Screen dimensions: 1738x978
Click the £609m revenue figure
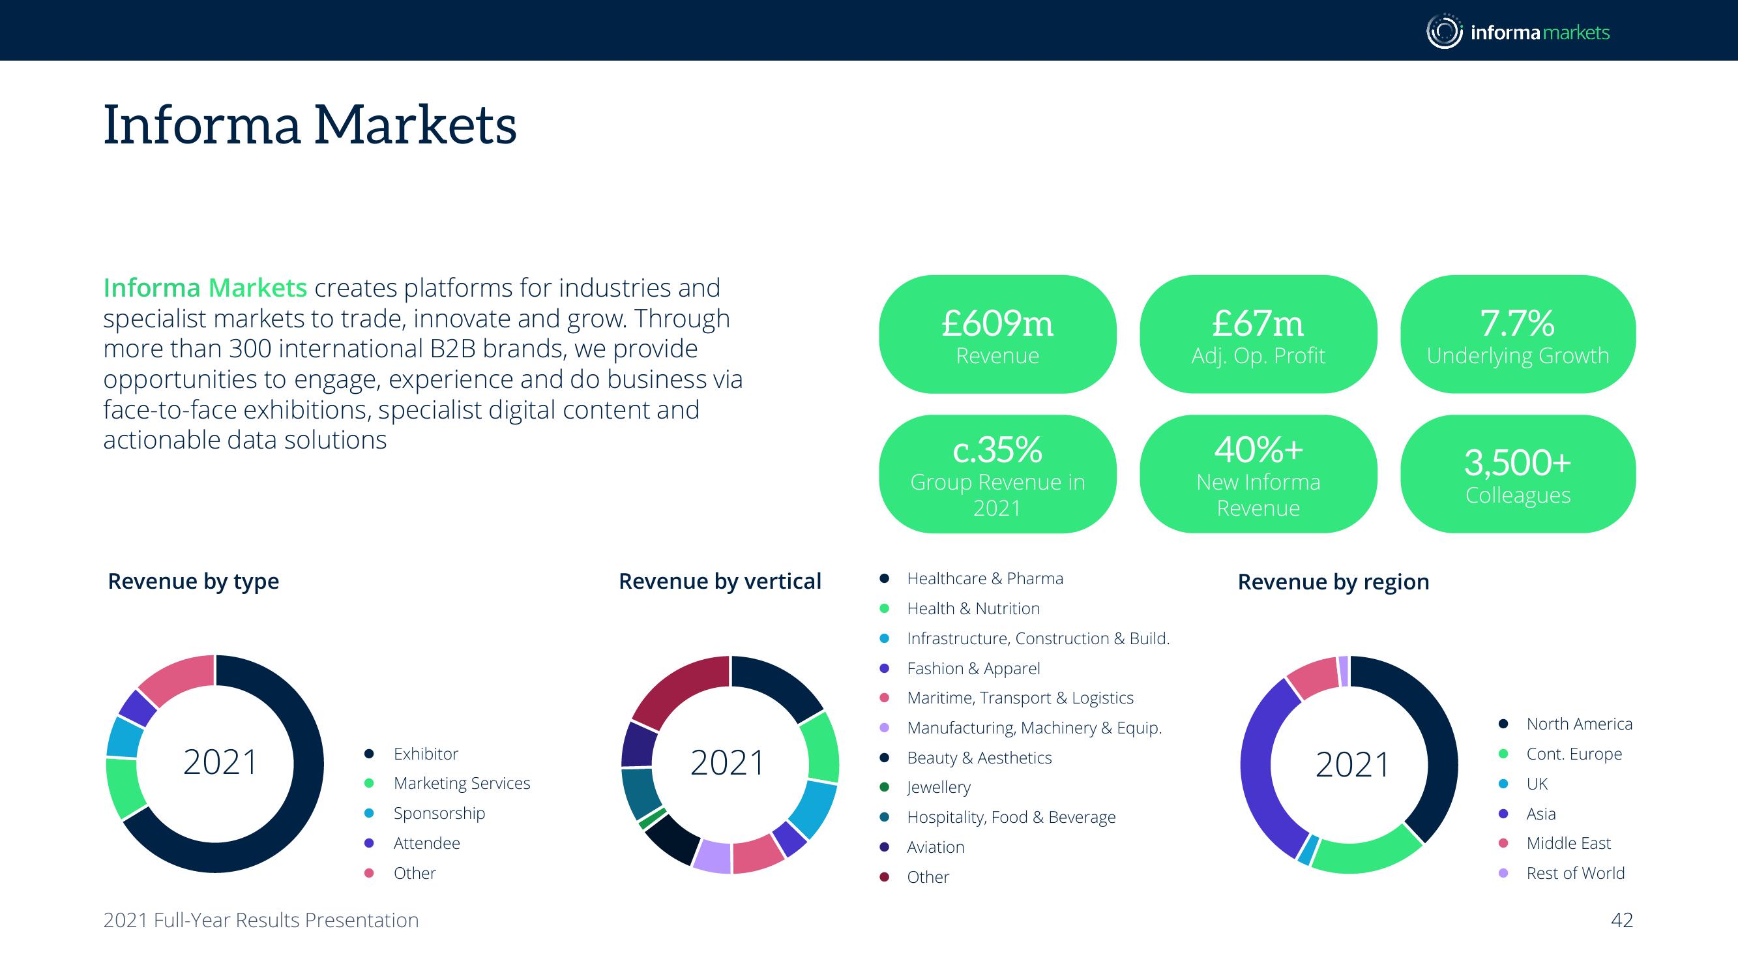[997, 323]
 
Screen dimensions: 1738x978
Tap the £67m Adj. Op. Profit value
[1258, 323]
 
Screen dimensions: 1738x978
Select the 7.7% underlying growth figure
[1518, 323]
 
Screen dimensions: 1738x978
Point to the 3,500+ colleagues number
[1518, 463]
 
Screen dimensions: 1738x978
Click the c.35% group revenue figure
[997, 449]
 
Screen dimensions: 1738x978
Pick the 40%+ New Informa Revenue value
[1258, 449]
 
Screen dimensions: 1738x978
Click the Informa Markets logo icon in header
[1444, 31]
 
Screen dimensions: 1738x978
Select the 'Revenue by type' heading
[193, 581]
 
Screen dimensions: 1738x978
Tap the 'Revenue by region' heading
[1333, 582]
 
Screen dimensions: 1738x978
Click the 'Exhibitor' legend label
[425, 753]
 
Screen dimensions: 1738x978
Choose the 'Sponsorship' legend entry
[439, 813]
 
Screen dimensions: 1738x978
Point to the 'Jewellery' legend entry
[939, 788]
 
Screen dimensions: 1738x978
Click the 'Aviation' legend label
[935, 847]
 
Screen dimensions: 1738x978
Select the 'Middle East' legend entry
[1568, 843]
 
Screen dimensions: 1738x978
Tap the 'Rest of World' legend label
[1576, 873]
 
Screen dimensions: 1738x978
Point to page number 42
[1622, 920]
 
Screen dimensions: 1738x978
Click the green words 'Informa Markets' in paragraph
[205, 288]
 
